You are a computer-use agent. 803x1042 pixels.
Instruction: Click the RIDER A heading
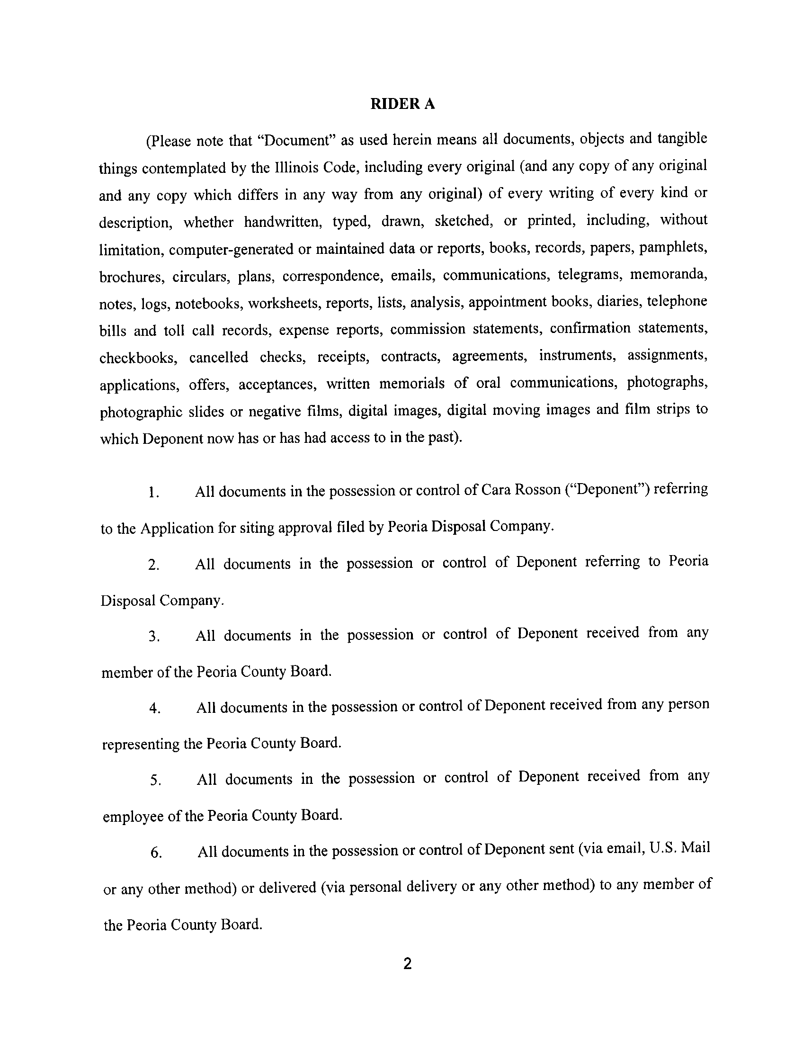click(x=402, y=104)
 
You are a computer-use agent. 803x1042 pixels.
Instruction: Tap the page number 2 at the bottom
click(x=407, y=964)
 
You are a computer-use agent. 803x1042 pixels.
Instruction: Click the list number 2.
click(x=153, y=566)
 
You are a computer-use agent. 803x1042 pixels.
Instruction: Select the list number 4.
click(x=154, y=709)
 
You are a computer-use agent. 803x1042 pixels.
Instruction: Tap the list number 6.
click(x=156, y=853)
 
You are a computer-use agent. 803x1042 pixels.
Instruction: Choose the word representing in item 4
click(x=141, y=744)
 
